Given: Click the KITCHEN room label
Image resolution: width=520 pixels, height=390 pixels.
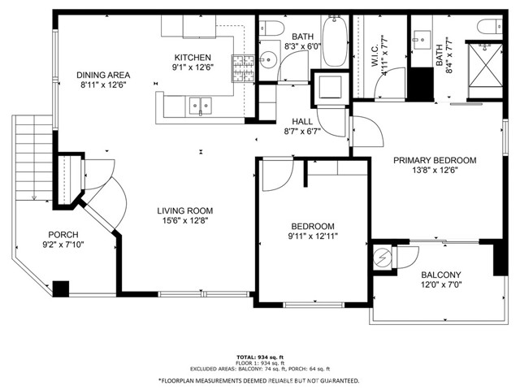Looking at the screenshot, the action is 193,58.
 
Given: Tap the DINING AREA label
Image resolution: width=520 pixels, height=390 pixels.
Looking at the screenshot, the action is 103,75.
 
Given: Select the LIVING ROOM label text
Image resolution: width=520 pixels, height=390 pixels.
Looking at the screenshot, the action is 185,210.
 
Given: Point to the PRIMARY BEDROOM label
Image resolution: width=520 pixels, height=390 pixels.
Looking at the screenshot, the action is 435,160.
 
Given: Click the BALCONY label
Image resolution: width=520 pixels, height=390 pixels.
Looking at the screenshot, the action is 441,275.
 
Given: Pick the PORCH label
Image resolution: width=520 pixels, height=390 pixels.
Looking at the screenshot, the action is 63,235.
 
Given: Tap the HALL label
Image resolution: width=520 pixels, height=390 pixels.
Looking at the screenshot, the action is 302,121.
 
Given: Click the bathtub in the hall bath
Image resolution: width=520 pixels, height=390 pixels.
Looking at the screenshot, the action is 335,41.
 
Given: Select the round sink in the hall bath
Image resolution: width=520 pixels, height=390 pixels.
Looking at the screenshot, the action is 268,60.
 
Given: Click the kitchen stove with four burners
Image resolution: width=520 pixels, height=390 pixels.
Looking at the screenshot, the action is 243,68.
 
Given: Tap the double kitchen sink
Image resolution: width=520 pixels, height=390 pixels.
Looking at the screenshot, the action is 201,106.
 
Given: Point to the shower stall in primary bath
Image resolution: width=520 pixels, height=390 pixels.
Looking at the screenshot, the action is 486,65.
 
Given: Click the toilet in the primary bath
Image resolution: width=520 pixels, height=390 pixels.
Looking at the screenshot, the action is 490,26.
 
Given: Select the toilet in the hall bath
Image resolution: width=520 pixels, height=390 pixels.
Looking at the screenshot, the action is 271,28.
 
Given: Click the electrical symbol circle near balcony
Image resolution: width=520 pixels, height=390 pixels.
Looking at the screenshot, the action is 383,257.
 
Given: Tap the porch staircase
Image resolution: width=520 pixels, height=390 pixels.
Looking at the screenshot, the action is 32,158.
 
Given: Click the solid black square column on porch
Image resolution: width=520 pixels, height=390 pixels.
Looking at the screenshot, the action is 61,289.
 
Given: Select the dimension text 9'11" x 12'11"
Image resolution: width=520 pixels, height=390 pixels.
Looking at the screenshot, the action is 313,236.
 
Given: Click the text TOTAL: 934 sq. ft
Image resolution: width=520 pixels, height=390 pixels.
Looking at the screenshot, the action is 260,357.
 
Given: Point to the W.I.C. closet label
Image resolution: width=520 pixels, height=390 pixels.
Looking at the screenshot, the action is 375,55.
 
